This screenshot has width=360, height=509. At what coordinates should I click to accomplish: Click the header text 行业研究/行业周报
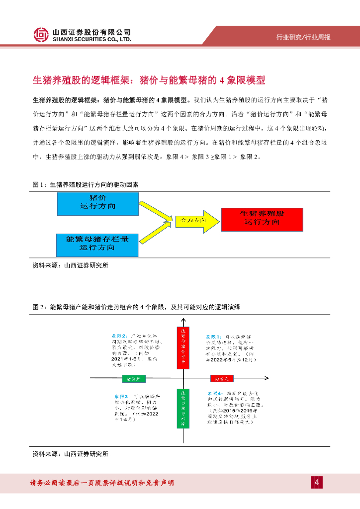[303, 38]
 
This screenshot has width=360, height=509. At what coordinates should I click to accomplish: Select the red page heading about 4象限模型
[149, 80]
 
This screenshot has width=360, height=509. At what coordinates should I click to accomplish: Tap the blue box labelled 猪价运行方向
[97, 203]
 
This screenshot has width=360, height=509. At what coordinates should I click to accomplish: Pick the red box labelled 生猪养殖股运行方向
[262, 217]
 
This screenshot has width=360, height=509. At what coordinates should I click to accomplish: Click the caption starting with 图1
[85, 184]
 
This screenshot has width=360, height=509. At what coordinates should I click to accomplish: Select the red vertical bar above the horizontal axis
[183, 348]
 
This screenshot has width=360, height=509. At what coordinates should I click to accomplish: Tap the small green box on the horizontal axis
[135, 379]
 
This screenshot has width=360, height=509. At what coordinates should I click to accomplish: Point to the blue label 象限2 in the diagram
[119, 337]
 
